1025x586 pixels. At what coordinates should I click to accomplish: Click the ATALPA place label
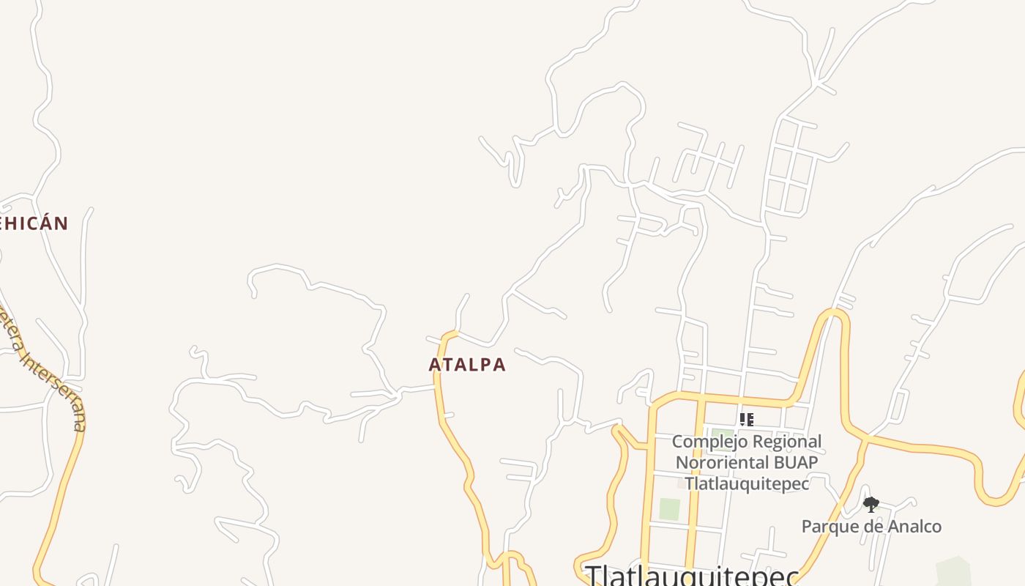[467, 364]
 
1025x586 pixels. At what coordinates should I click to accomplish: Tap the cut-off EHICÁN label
[34, 223]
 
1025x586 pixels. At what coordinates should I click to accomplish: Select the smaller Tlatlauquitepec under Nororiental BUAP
[747, 483]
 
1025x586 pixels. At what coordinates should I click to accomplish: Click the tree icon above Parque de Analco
[871, 504]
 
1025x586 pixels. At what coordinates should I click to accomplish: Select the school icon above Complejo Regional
[746, 420]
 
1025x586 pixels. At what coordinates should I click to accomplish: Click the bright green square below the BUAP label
[669, 509]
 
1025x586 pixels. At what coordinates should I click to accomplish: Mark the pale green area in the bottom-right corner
[953, 571]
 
